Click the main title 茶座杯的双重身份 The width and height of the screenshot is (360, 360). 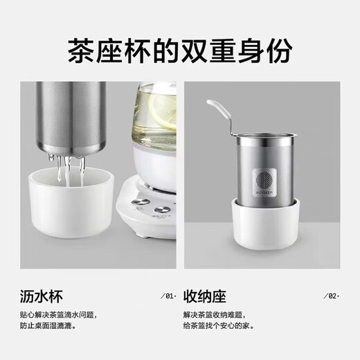[179, 51]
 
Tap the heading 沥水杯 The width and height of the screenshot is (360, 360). [41, 298]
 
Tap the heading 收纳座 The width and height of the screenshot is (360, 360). [205, 298]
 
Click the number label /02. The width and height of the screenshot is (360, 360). [332, 296]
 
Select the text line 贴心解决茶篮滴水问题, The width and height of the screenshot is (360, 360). [59, 315]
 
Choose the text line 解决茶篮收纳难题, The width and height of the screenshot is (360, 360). [216, 315]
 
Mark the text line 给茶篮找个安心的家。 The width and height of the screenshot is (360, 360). [219, 325]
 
